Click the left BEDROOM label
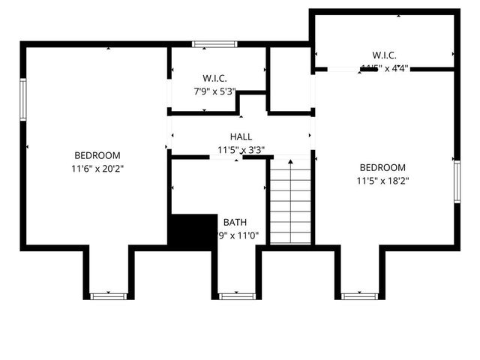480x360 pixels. tap(97, 155)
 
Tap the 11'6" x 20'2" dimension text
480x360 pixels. tap(97, 169)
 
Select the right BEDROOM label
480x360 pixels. tap(382, 167)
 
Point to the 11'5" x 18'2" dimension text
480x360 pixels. tap(382, 180)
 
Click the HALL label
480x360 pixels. tap(241, 137)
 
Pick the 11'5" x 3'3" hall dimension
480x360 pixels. tap(241, 150)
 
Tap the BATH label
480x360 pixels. tap(235, 222)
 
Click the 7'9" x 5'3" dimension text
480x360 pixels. tap(214, 91)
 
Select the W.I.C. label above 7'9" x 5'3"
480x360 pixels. tap(214, 78)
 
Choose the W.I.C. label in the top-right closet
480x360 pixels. tap(384, 55)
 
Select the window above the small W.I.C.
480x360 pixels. tap(214, 44)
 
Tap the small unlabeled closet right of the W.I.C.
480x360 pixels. tap(290, 81)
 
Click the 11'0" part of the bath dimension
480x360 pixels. tap(247, 235)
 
